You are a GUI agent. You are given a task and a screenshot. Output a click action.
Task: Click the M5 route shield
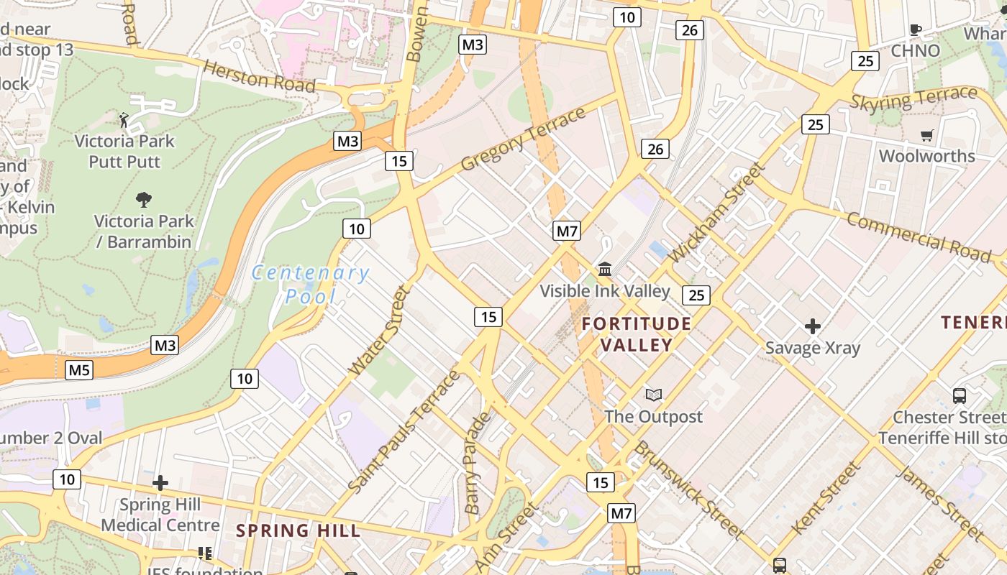79,370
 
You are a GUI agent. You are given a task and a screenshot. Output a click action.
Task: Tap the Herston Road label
259,76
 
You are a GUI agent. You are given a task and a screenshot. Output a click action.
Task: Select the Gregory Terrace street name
523,139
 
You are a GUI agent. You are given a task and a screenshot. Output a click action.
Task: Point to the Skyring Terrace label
913,98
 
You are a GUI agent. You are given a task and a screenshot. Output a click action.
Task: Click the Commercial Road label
918,236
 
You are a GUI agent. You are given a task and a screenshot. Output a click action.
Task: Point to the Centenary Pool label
311,284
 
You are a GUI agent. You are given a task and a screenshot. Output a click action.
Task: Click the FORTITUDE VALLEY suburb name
637,334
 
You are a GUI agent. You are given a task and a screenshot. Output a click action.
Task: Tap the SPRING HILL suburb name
299,531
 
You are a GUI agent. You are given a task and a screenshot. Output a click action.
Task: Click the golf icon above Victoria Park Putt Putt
124,119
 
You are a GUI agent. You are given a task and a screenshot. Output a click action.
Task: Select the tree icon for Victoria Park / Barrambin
144,200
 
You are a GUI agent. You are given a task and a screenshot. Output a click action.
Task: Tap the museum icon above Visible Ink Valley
605,270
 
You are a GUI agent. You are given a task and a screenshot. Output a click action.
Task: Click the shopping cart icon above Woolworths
927,135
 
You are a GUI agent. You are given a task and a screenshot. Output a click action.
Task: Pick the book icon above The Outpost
653,395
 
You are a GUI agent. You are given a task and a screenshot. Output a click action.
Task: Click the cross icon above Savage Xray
813,326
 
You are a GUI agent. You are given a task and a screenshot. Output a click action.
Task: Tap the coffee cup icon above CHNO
916,29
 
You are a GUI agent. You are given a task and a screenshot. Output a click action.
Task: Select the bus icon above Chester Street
959,395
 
